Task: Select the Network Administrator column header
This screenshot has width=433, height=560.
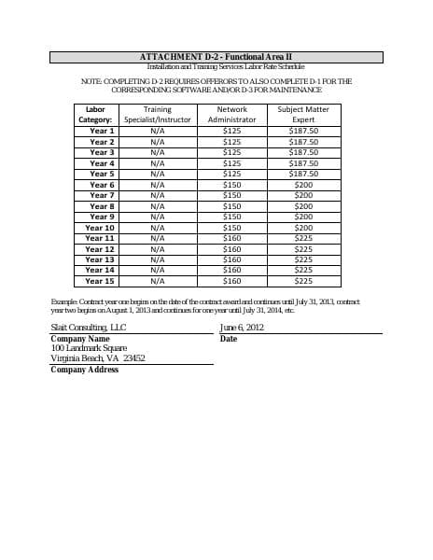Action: pos(231,115)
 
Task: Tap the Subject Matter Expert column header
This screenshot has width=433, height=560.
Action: pos(303,115)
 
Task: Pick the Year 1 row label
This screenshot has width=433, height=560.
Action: pos(102,131)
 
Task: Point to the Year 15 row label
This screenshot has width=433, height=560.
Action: pos(100,281)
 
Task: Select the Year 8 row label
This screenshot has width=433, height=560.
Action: pos(102,206)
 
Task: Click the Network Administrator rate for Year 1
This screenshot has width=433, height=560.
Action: pos(232,131)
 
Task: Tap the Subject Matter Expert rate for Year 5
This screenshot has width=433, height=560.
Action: pos(303,174)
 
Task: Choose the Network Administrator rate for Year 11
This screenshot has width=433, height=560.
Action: pos(232,238)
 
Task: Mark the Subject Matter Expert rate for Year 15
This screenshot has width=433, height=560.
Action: pos(303,281)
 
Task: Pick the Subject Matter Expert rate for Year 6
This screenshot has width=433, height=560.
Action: pos(303,185)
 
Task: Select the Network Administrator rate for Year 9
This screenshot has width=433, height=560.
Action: pos(232,217)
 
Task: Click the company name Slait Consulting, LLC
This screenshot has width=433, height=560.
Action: pos(88,328)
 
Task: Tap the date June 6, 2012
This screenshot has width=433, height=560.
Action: pos(242,328)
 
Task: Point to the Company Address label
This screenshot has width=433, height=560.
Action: pos(84,370)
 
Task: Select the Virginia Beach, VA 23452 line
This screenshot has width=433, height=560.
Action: pos(97,358)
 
